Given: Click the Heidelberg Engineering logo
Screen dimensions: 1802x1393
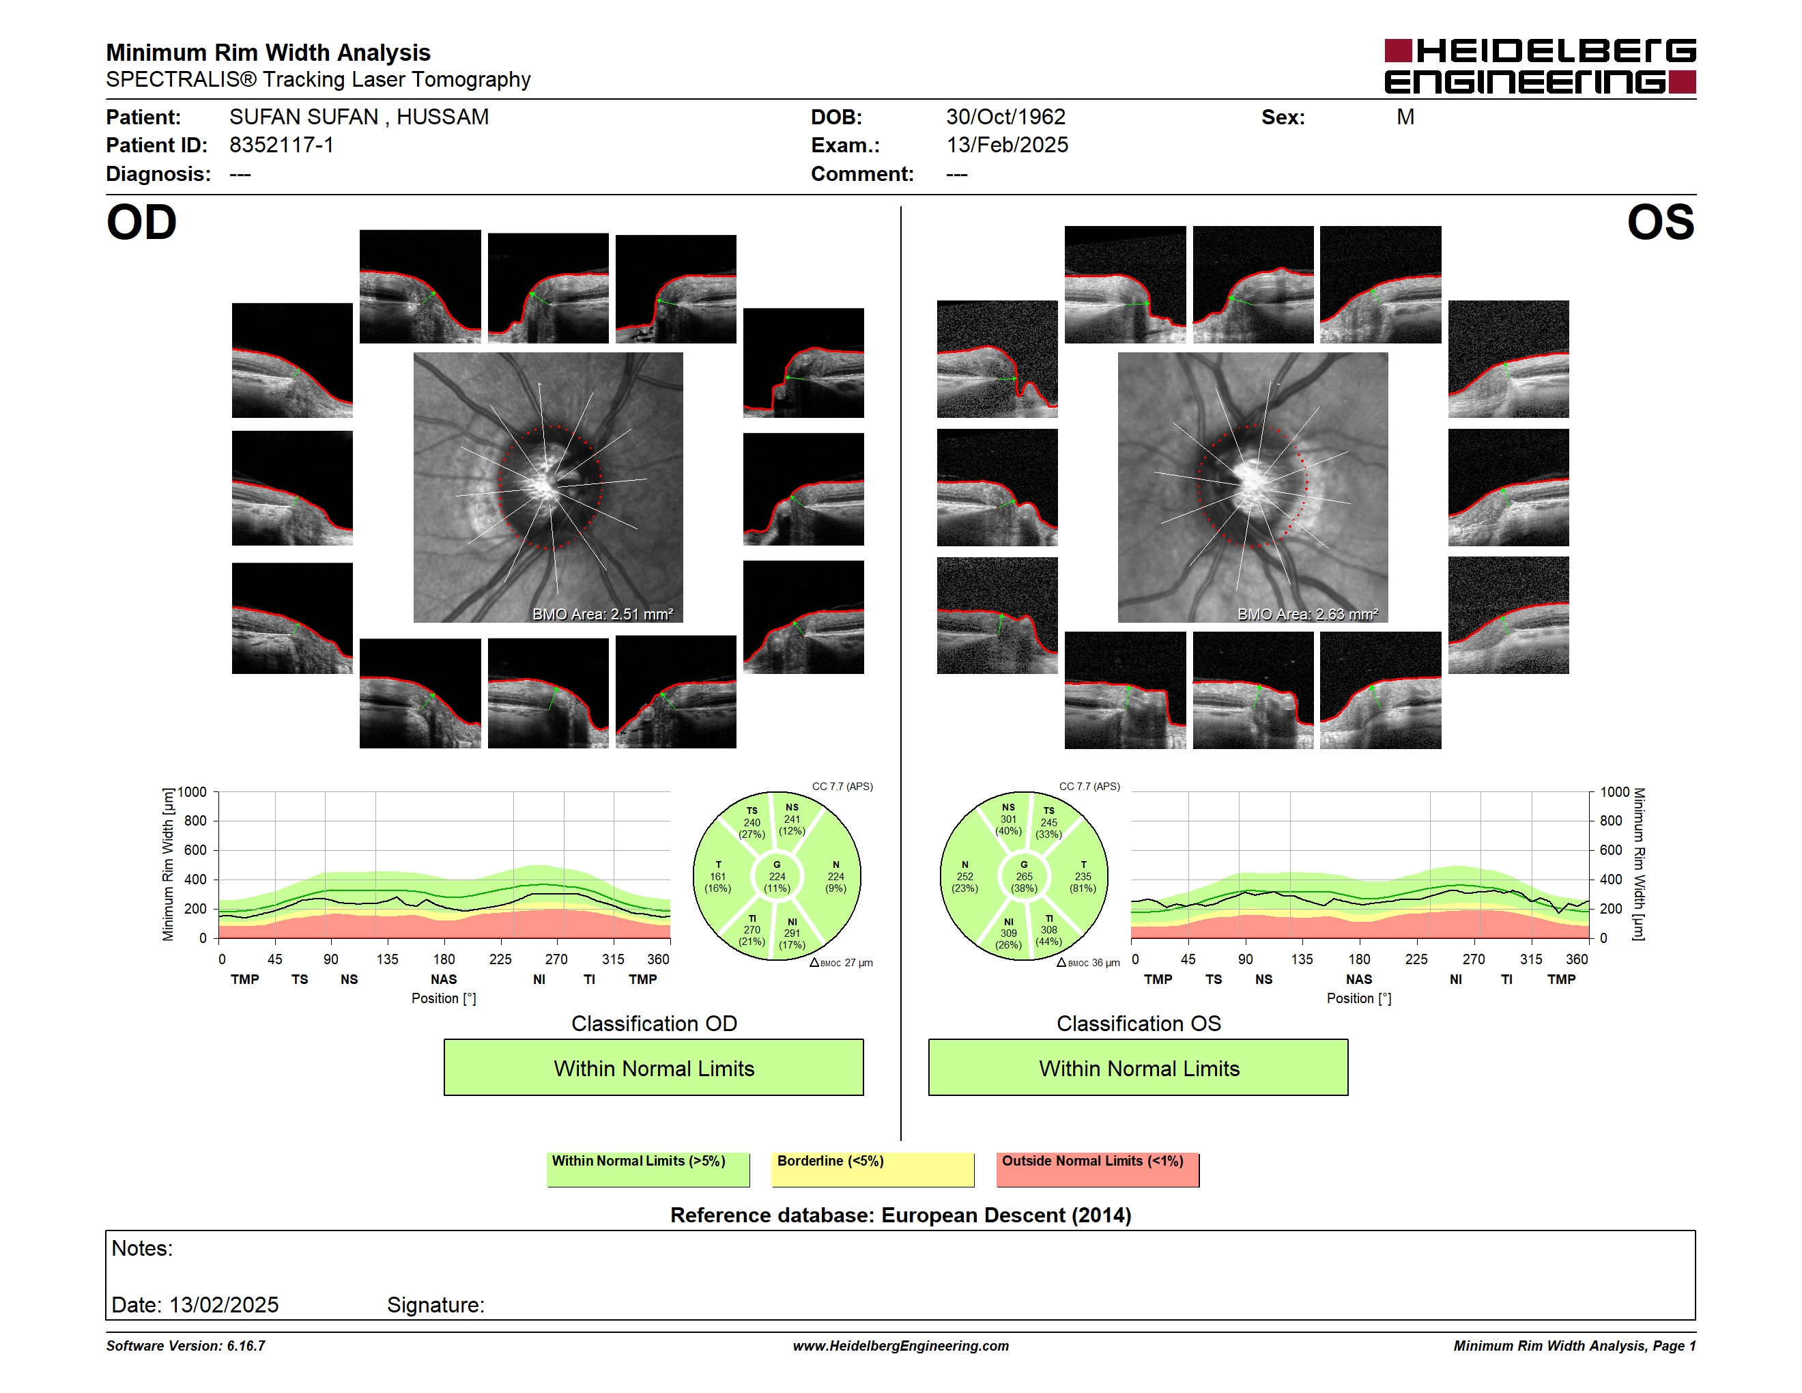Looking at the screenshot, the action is [1540, 66].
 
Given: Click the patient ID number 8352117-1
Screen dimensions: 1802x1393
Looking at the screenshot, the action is [281, 145].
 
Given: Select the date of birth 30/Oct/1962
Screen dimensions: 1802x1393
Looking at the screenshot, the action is [1006, 117].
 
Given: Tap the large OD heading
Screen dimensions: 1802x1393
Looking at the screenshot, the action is [141, 223].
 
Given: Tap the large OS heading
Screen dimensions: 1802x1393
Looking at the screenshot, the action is [1660, 223].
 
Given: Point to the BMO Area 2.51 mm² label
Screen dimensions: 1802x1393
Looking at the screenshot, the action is [602, 614].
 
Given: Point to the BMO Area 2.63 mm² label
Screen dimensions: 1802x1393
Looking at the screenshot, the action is [1307, 614].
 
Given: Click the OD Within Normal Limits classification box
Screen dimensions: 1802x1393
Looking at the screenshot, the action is [653, 1067].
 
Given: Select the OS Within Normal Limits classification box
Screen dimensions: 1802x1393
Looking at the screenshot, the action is [1139, 1067].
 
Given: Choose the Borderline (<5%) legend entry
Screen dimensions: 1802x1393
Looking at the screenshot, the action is [873, 1169].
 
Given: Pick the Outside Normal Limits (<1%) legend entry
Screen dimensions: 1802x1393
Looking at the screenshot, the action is [1098, 1169].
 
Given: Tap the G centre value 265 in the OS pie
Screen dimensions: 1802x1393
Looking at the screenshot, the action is [1024, 876].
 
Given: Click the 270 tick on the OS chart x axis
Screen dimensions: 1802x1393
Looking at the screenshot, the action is [1474, 959].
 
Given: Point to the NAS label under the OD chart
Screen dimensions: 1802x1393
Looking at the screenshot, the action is [444, 980].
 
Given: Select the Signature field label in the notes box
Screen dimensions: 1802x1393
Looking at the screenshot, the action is [435, 1305].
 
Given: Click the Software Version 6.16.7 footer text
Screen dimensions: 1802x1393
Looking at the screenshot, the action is [186, 1346].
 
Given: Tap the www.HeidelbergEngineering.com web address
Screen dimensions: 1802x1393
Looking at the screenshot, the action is [901, 1346].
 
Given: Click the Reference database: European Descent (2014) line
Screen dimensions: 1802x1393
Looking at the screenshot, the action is [901, 1215].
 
